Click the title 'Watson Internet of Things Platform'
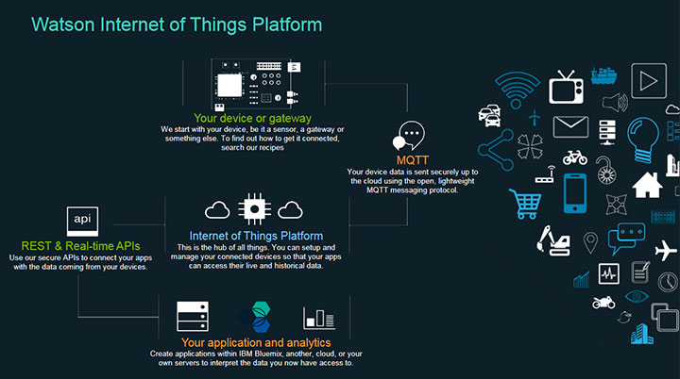pos(177,23)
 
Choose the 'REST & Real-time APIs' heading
pos(81,245)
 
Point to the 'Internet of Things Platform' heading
pos(256,236)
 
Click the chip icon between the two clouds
pos(255,209)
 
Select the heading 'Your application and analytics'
pos(255,342)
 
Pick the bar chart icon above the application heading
pos(318,318)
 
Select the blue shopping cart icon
pos(525,201)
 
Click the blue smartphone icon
pos(575,193)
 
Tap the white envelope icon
pos(570,126)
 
